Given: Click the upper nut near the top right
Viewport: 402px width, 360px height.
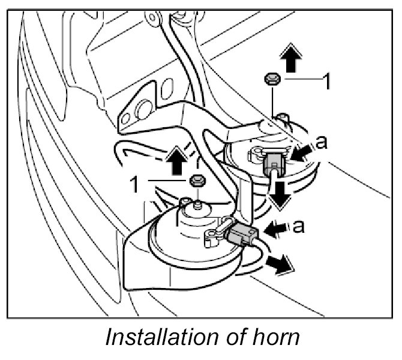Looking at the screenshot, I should pos(271,78).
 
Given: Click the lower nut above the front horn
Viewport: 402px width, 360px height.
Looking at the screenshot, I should pos(195,180).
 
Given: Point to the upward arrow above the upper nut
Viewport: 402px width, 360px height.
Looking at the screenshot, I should pos(290,60).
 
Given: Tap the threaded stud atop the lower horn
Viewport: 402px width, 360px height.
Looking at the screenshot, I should pos(197,206).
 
